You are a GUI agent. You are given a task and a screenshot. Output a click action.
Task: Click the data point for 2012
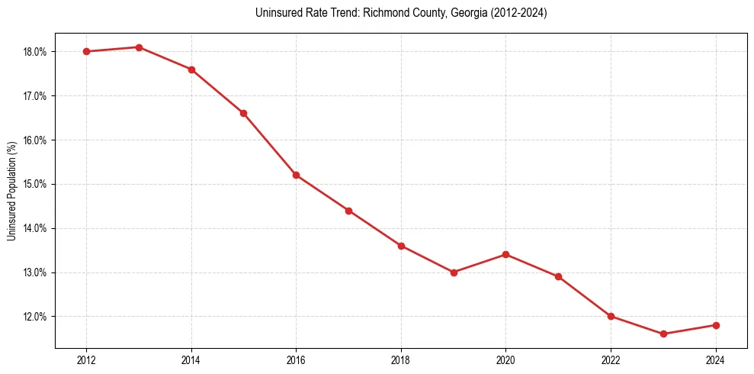coord(86,52)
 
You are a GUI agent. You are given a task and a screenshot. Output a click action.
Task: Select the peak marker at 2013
coord(139,47)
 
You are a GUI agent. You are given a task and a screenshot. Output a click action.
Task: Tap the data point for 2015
coord(243,113)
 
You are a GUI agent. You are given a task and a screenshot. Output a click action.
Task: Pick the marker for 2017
coord(348,211)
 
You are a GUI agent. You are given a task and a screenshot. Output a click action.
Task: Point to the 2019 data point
coord(454,272)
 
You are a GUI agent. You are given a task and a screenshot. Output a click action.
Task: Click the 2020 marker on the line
coord(505,255)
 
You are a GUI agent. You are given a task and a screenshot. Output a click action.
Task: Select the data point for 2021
coord(558,276)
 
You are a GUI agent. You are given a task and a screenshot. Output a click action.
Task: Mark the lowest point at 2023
coord(663,334)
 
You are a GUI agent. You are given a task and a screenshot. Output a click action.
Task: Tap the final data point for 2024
coord(716,325)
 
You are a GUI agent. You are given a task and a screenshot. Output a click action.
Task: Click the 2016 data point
coord(296,175)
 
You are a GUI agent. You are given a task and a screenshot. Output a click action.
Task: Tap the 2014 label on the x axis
coord(191,360)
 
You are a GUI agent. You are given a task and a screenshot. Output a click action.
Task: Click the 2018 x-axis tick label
coord(401,360)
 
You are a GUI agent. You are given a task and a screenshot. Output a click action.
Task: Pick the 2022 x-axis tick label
coord(611,360)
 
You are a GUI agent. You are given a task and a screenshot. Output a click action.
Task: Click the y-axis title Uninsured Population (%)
coord(11,191)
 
